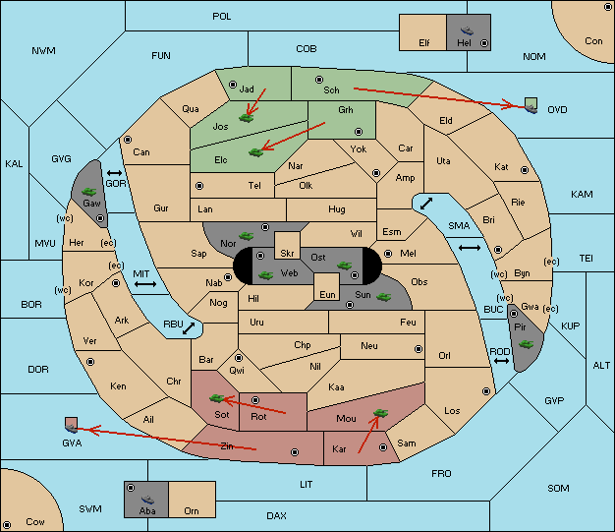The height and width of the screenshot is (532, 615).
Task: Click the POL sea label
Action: pyautogui.click(x=222, y=17)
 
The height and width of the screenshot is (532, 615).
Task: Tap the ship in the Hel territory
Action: pyautogui.click(x=467, y=30)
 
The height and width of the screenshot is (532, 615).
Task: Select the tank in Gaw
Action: pyautogui.click(x=89, y=191)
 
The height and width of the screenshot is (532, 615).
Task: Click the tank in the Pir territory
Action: pyautogui.click(x=526, y=344)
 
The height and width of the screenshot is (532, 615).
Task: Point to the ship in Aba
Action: pyautogui.click(x=147, y=499)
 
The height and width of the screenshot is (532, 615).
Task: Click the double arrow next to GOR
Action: pyautogui.click(x=114, y=173)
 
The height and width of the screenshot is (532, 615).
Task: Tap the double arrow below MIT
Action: pyautogui.click(x=145, y=284)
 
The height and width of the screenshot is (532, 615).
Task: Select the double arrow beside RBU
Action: pyautogui.click(x=189, y=328)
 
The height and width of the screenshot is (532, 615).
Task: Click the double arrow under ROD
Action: pyautogui.click(x=501, y=361)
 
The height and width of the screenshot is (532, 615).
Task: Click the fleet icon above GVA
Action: pyautogui.click(x=72, y=425)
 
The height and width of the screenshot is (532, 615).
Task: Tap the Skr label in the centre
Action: pyautogui.click(x=287, y=254)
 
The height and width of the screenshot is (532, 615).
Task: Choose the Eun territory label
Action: pyautogui.click(x=327, y=294)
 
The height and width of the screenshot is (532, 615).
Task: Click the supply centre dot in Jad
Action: pyautogui.click(x=233, y=85)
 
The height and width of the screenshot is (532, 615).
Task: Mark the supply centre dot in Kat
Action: pyautogui.click(x=525, y=170)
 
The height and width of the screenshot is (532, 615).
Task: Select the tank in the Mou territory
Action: pyautogui.click(x=380, y=413)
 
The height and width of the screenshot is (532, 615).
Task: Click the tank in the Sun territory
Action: pyautogui.click(x=383, y=297)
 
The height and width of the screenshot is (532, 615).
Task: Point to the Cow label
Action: pyautogui.click(x=35, y=522)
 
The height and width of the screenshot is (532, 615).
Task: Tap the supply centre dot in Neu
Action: pyautogui.click(x=419, y=349)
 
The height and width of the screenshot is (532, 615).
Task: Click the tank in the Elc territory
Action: pyautogui.click(x=255, y=152)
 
